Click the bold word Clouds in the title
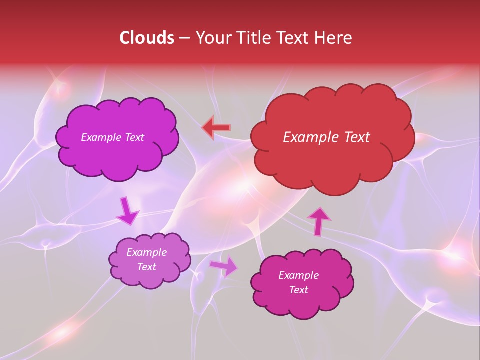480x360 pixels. point(147,38)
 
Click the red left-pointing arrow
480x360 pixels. point(216,128)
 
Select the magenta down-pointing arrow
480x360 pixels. point(127,211)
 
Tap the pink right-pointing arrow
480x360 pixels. point(224,266)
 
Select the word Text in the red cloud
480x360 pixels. point(356,137)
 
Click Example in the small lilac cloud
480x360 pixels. point(146,252)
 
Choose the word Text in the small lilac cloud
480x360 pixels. point(146,267)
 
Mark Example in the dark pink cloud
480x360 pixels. point(298,275)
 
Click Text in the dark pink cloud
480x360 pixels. point(298,290)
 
